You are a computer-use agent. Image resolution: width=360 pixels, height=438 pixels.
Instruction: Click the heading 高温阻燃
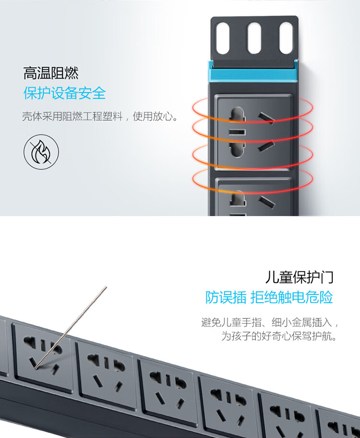51,73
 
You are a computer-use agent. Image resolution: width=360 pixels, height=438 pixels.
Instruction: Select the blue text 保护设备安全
64,93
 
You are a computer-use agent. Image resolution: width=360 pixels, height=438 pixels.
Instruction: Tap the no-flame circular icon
41,152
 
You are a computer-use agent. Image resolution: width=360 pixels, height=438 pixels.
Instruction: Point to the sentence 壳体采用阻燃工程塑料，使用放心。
100,116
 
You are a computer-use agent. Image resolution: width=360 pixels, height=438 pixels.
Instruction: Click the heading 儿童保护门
299,277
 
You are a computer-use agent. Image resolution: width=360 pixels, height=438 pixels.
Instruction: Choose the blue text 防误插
226,297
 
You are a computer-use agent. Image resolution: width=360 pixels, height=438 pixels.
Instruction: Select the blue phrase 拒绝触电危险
291,297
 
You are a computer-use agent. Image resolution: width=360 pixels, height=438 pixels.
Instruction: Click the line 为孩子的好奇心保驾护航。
279,336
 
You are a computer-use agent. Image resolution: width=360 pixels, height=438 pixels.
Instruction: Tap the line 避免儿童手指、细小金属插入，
270,322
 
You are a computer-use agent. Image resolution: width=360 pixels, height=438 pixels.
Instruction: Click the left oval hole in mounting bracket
223,38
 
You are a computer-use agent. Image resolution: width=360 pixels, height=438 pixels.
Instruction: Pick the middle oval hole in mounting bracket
253,38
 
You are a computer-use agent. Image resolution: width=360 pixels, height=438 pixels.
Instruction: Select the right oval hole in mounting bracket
286,38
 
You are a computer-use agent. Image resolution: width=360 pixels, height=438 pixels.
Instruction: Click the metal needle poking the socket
71,328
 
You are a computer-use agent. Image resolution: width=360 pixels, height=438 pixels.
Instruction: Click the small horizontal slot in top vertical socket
238,133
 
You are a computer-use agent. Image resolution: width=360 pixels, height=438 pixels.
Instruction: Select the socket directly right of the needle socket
106,371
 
